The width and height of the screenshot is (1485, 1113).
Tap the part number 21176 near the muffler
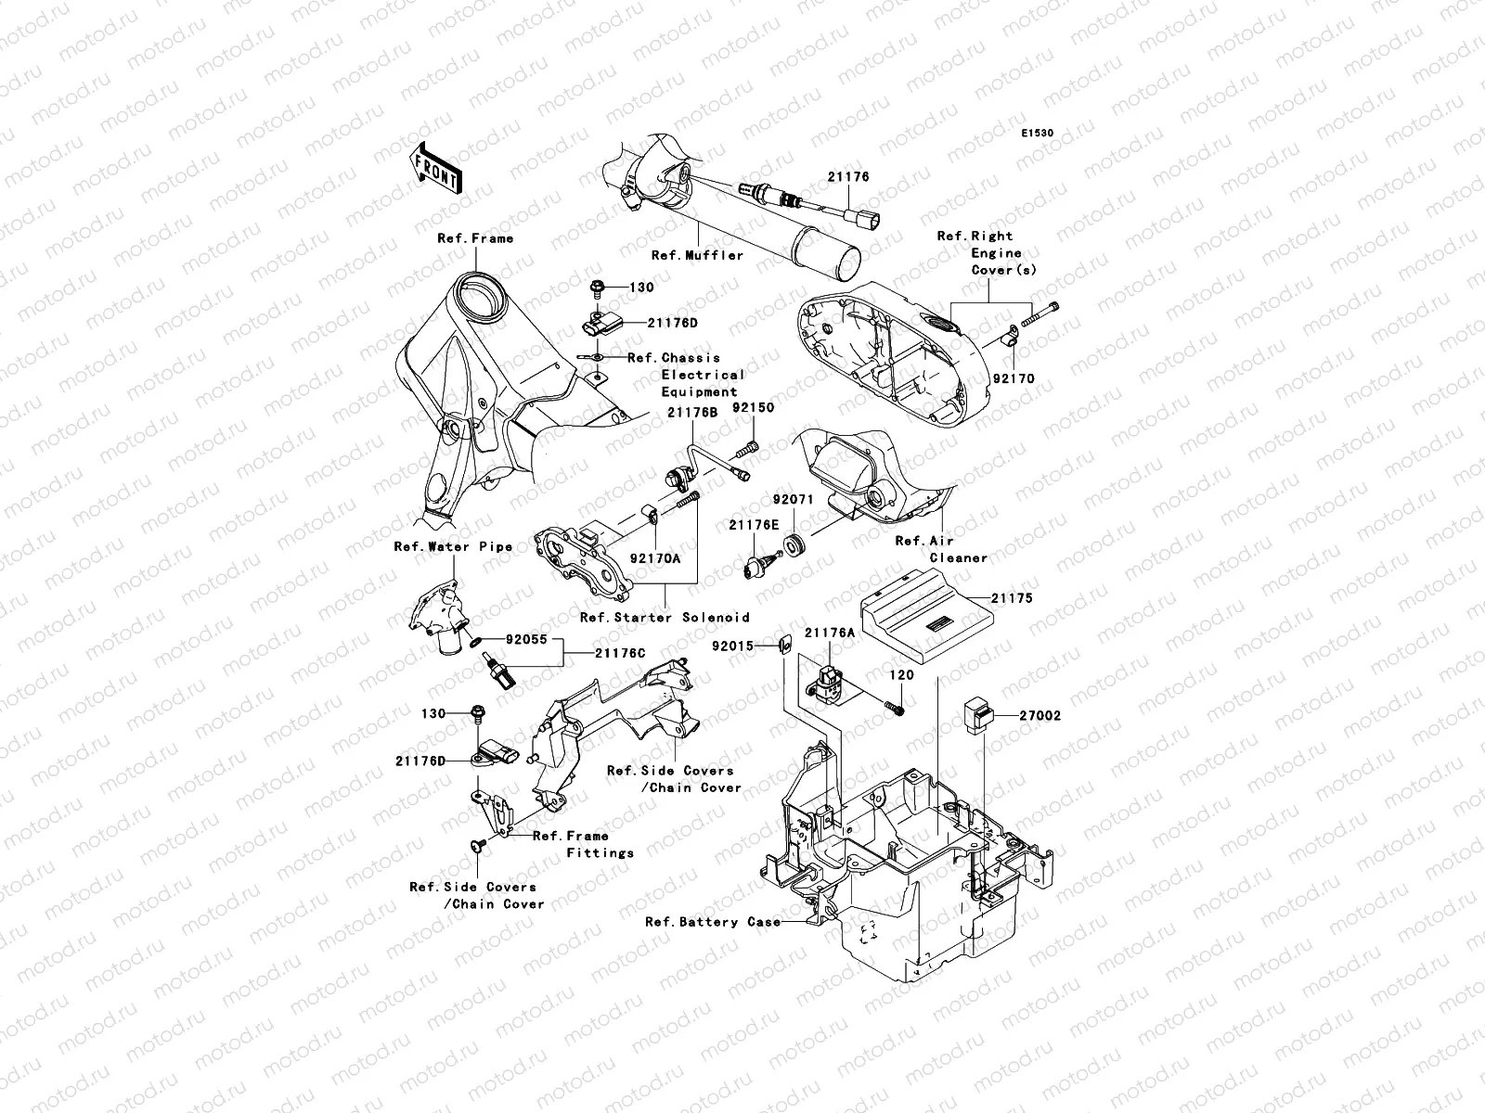pyautogui.click(x=849, y=176)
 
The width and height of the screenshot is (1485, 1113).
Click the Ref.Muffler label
pyautogui.click(x=696, y=255)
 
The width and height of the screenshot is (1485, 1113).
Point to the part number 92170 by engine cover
pyautogui.click(x=1013, y=379)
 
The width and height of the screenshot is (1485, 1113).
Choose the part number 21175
pyautogui.click(x=1012, y=599)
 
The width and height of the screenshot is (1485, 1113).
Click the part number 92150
pyautogui.click(x=752, y=407)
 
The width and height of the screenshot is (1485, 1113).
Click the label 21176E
pyautogui.click(x=753, y=525)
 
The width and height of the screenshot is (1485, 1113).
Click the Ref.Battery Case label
pyautogui.click(x=705, y=922)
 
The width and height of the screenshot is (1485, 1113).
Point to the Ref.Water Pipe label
pyautogui.click(x=452, y=547)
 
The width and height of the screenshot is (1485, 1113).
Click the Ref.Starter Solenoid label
pyautogui.click(x=664, y=618)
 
